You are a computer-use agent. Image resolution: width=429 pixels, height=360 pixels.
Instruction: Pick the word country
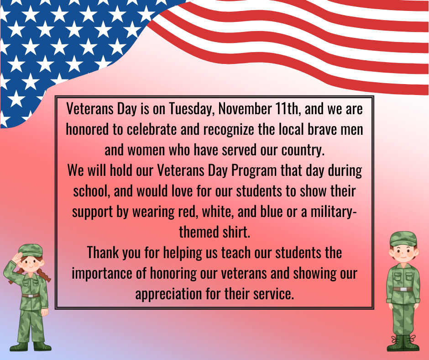(x=298, y=150)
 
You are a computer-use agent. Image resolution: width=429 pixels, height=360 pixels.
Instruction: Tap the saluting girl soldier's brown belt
(x=30, y=296)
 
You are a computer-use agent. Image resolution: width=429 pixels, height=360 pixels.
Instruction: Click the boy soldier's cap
(x=403, y=238)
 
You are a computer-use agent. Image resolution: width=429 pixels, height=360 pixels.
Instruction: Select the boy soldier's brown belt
(x=403, y=289)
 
